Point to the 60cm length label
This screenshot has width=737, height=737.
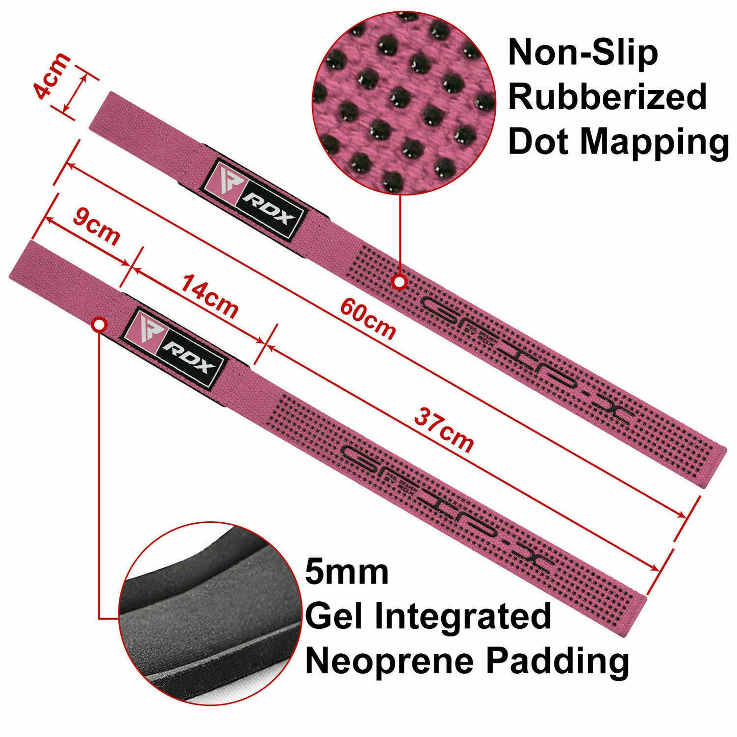(x=368, y=319)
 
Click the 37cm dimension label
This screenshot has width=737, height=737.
(x=444, y=430)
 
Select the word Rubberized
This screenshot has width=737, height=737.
(x=607, y=97)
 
